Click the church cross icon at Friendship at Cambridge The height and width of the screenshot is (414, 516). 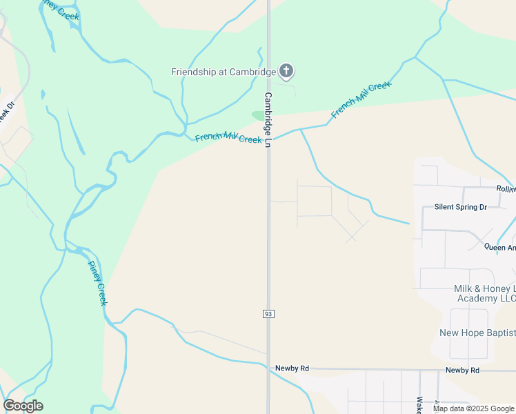tap(286, 70)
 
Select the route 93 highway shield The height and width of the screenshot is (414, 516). tap(268, 314)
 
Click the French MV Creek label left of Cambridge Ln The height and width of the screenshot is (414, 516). tap(228, 138)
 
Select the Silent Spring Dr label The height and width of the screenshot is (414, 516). tap(460, 206)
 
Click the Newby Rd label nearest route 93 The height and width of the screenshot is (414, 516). tap(290, 368)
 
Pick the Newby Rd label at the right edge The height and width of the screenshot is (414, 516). tap(462, 370)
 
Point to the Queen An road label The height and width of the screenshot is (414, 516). tap(499, 247)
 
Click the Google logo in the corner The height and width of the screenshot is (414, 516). tap(23, 406)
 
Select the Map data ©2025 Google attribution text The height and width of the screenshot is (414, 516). tap(474, 408)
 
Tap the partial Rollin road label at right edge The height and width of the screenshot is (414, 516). tap(506, 188)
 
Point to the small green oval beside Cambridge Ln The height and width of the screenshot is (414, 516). tap(259, 115)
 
